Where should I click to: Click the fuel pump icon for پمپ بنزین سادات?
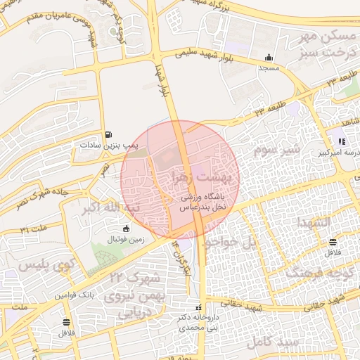coord(108,135)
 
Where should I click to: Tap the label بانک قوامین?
coord(73,296)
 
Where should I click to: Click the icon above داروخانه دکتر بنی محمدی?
coord(198,307)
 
